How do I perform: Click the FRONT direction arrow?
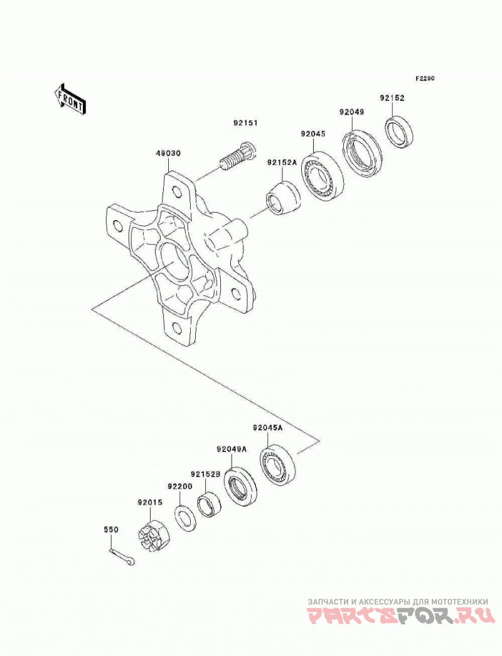click(x=70, y=98)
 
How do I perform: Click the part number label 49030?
click(x=168, y=154)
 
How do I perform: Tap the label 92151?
click(x=246, y=123)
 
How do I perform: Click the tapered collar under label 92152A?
click(x=284, y=198)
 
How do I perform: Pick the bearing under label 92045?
click(x=323, y=174)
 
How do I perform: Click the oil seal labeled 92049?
click(x=361, y=152)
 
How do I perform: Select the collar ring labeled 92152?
click(x=399, y=132)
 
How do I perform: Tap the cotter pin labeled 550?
click(x=122, y=558)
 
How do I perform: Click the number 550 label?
click(x=111, y=529)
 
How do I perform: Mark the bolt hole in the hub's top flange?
click(x=177, y=192)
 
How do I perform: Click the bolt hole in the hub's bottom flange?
click(x=177, y=327)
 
